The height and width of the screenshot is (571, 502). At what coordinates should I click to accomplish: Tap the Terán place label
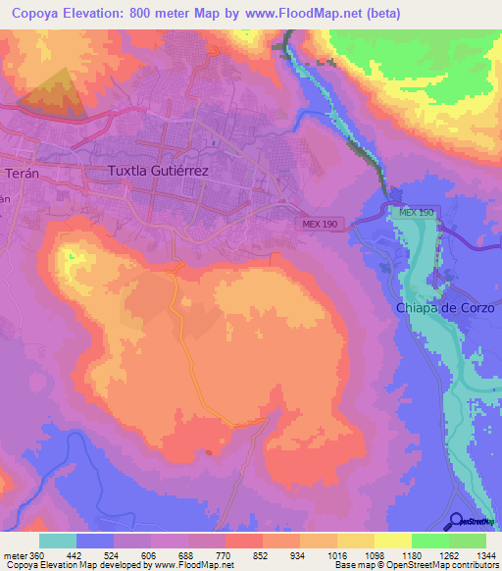point(21,172)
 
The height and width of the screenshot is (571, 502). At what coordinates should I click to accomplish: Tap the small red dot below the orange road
point(209,452)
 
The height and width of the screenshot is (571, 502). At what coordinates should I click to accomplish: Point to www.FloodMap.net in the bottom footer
point(193,565)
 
